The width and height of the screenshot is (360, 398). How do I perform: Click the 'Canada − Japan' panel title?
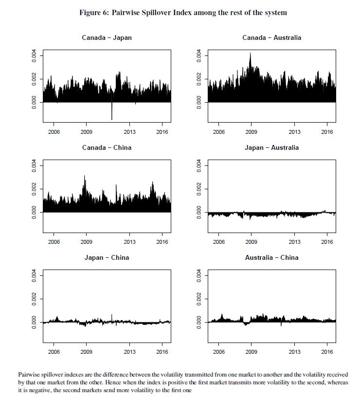coord(107,37)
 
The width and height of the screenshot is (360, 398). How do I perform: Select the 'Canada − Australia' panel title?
coord(271,37)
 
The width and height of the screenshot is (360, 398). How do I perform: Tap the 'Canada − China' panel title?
coord(107,147)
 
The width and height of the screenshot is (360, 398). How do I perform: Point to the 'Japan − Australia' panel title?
coord(271,147)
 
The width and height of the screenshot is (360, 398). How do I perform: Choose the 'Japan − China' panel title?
coord(107,257)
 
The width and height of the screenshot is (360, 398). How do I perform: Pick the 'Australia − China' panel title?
coord(271,257)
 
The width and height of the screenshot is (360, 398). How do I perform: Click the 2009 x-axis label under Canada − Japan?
coord(87,132)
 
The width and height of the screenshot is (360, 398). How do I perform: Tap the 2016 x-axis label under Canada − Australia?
coord(327,132)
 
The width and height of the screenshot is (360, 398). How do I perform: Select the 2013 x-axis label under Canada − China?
coord(130,242)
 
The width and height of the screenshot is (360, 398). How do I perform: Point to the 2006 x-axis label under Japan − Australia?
coord(218,242)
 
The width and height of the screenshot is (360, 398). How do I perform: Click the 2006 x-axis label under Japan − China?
coord(54,352)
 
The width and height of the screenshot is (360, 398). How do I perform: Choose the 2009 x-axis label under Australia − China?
coord(252,352)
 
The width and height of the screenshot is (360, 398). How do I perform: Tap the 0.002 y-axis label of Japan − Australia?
coord(198,189)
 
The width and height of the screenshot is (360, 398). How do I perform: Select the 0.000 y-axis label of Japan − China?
coord(34,322)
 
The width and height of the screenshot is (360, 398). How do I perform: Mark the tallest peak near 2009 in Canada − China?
coord(85,177)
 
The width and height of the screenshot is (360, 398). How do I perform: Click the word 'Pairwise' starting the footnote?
coord(30,374)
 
